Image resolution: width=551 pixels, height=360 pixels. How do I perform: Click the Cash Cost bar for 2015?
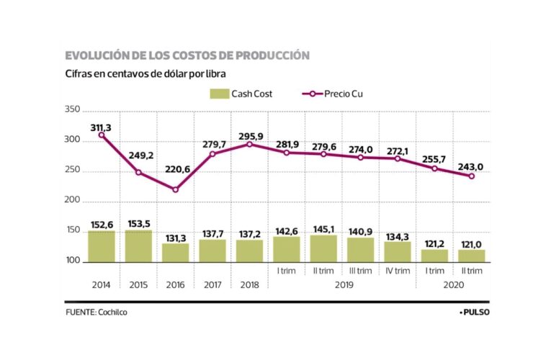coord(138,246)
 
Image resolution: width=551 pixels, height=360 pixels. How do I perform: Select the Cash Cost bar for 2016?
coord(176,252)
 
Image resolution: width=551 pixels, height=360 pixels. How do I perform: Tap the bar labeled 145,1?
coord(323,248)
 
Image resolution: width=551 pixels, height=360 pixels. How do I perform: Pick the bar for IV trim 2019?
coord(398,251)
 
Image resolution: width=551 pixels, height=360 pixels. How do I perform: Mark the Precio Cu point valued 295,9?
coord(250,144)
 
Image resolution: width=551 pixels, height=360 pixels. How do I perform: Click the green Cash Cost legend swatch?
coord(218,94)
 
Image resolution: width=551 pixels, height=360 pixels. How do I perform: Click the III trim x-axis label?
coord(361,271)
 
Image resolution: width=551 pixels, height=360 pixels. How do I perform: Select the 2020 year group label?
coord(454,285)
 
